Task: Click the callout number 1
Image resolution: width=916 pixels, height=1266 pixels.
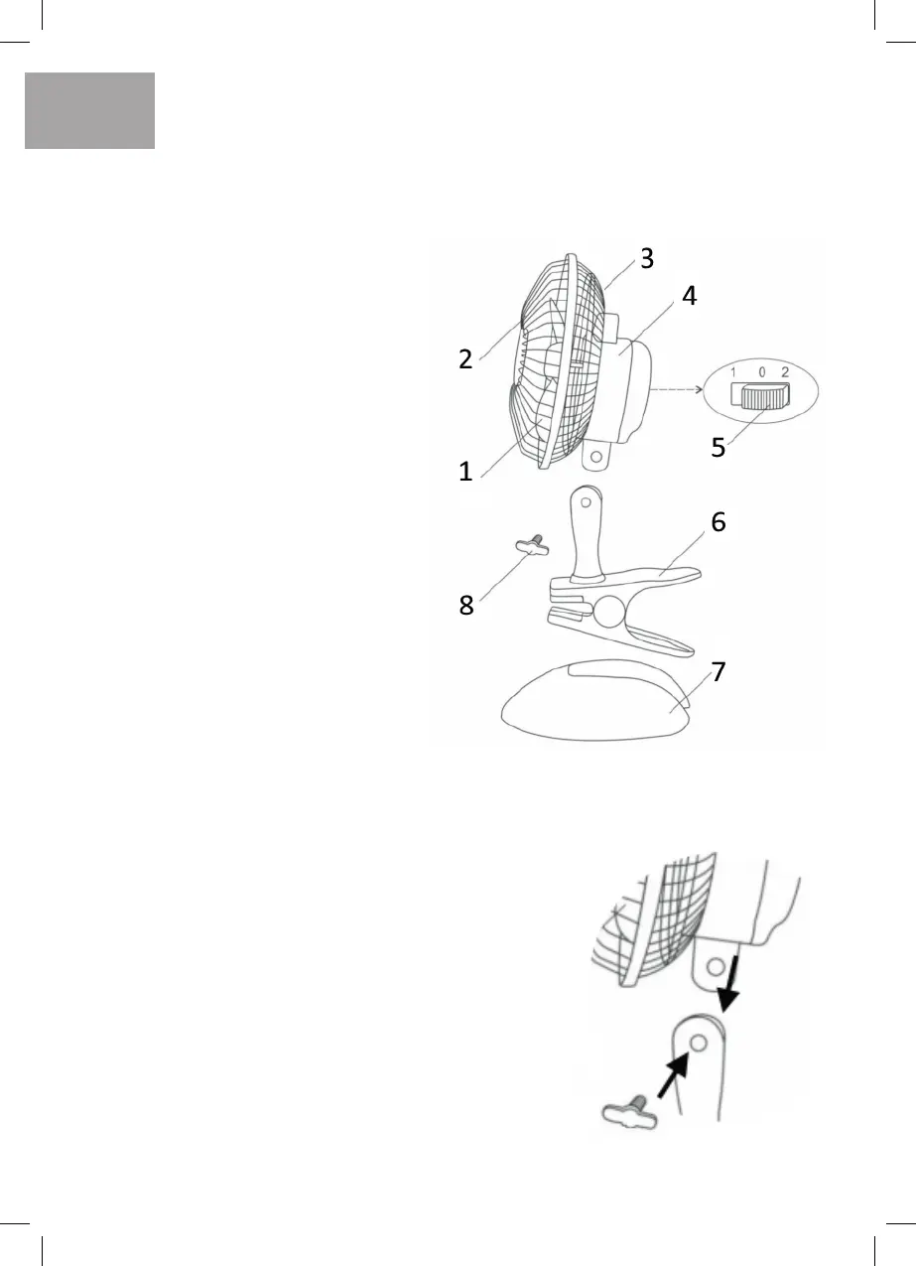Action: (x=465, y=473)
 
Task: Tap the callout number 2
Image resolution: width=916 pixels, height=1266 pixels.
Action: (x=465, y=358)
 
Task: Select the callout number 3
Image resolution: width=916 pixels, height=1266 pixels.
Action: (x=646, y=260)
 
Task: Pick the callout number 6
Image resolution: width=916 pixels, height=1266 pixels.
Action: (x=718, y=522)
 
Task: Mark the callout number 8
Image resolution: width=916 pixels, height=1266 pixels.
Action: (x=465, y=606)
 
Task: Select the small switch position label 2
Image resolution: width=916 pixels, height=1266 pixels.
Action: (x=785, y=371)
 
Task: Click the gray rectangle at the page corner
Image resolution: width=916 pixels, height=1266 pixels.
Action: (x=89, y=110)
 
